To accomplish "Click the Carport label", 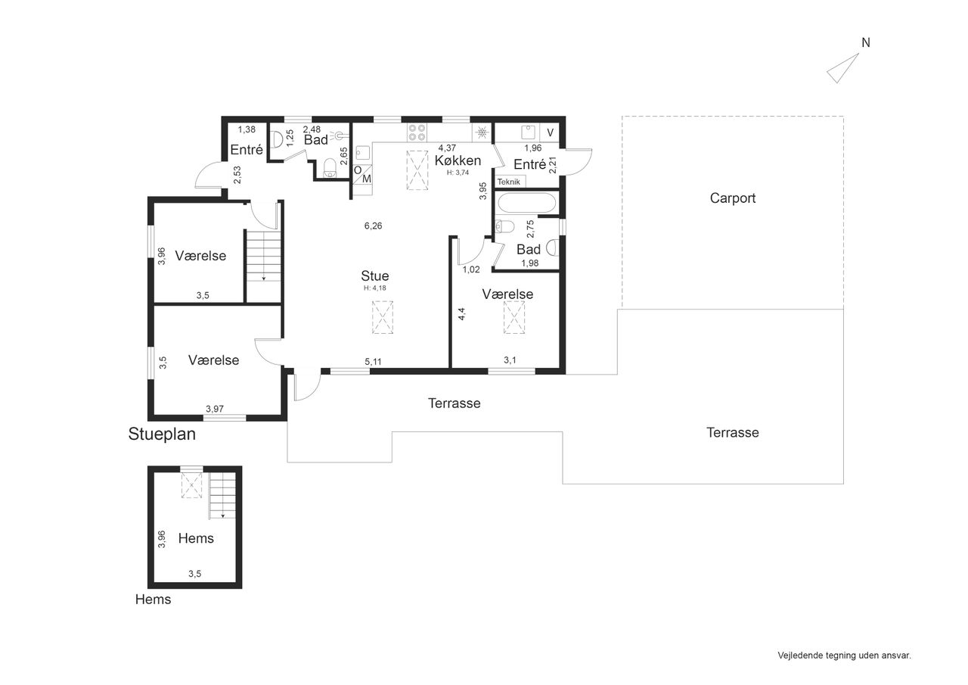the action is (733, 198).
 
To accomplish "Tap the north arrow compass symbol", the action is (842, 68).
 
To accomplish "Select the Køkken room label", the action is (458, 160).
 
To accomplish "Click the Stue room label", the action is (374, 276).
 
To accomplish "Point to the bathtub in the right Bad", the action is (526, 203).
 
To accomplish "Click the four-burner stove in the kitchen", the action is (417, 132).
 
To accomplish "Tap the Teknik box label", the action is (509, 182).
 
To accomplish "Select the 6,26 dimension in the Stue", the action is (373, 226).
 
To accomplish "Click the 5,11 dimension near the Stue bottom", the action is (373, 362).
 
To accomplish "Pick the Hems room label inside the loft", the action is (196, 538).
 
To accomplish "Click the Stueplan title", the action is (162, 434).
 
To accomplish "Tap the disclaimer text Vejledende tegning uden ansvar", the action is (845, 655).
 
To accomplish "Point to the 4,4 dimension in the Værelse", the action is (461, 314).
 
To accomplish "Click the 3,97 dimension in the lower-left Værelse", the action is (214, 409).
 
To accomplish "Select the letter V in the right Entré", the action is (550, 132).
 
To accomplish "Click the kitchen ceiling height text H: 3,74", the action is (458, 173).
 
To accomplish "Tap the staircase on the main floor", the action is (263, 256).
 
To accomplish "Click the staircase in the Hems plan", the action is (222, 495).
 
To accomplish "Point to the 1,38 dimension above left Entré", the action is (247, 129).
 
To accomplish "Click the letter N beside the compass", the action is (866, 43).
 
